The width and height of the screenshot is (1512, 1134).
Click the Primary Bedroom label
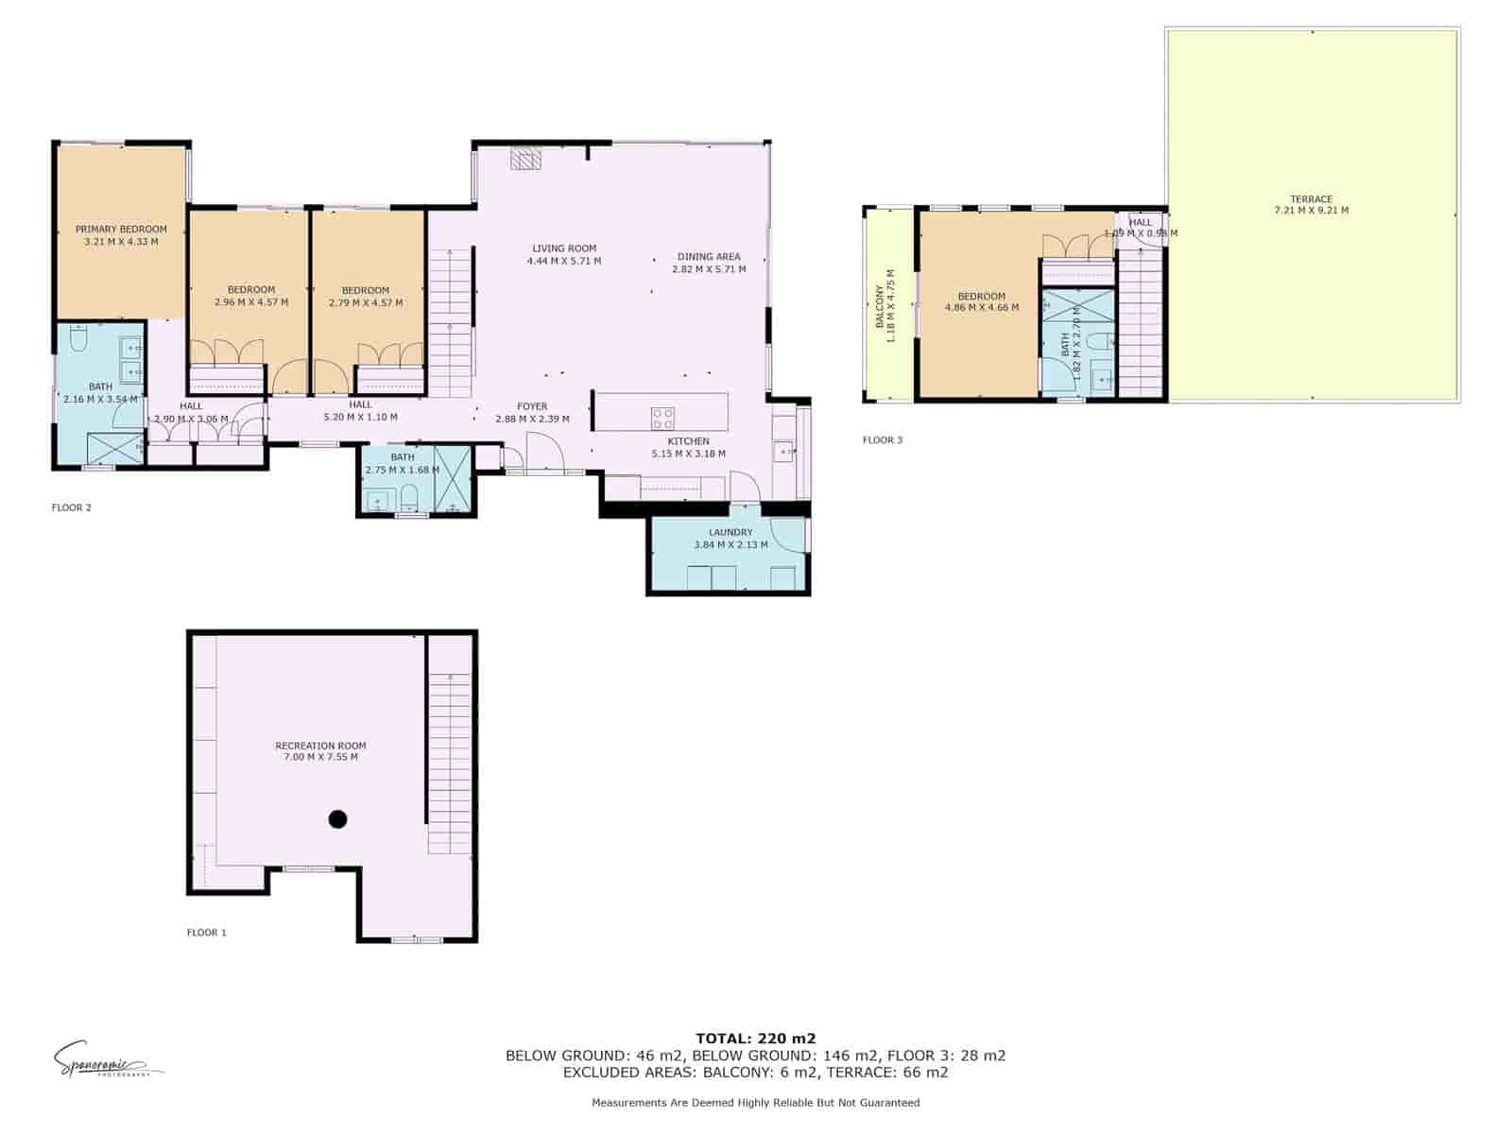click(121, 229)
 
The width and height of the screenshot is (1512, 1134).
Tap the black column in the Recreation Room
click(337, 819)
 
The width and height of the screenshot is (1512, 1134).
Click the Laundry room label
click(730, 532)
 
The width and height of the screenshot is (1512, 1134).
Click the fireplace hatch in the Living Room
click(525, 158)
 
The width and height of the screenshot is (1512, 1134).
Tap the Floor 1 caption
click(206, 933)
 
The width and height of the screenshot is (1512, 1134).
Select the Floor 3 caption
click(882, 439)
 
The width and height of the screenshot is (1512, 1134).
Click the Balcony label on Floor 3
click(879, 304)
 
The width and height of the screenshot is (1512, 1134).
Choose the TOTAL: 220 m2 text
click(755, 1038)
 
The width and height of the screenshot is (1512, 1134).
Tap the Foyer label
click(532, 406)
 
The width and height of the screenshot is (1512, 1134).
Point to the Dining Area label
click(709, 256)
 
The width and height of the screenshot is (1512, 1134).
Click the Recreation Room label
click(320, 746)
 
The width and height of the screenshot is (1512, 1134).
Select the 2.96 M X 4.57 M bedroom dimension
click(251, 302)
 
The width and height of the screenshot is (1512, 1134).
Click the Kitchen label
click(688, 441)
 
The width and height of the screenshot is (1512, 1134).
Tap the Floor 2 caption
click(71, 507)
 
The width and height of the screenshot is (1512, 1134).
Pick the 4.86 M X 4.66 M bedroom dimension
click(981, 307)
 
